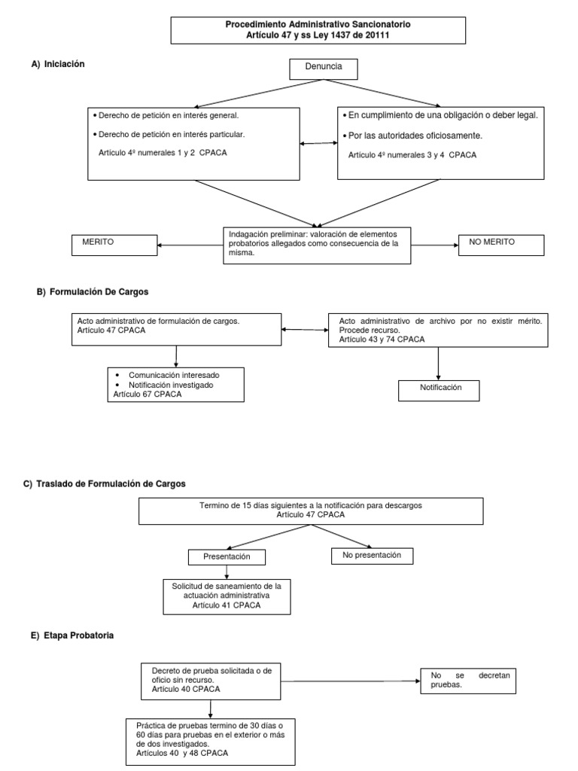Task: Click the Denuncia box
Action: [324, 69]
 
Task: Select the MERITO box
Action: [114, 245]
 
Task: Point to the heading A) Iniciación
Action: [58, 65]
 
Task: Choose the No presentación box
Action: [372, 556]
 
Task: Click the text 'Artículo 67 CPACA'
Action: [148, 394]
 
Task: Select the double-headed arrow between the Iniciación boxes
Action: [318, 144]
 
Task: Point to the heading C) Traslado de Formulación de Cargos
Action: [105, 483]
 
